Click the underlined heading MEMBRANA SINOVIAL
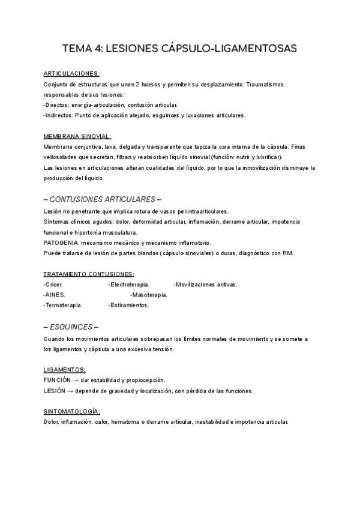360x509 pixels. [77, 136]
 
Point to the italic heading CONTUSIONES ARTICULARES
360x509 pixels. [103, 199]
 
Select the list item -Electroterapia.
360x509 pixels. [129, 285]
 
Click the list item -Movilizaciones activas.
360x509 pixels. [205, 285]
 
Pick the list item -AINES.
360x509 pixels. [54, 295]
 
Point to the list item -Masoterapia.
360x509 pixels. [149, 295]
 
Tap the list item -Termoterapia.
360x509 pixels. [63, 305]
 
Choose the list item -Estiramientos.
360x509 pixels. [128, 305]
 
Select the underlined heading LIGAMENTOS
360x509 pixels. [64, 369]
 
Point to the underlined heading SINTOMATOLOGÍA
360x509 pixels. [71, 411]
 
